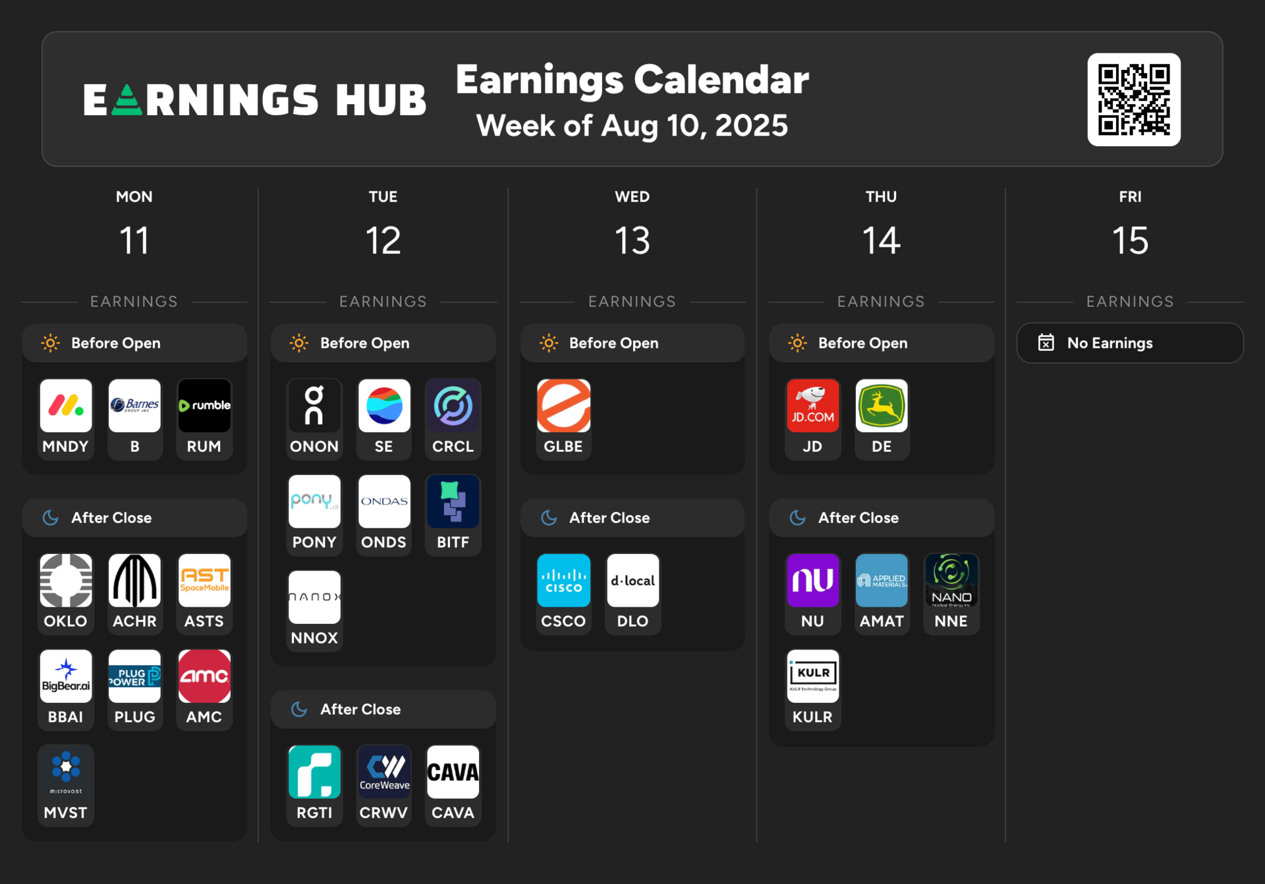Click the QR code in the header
pos(1133,99)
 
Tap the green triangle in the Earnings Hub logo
pos(127,101)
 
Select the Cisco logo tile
pos(563,580)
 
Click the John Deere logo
pos(882,406)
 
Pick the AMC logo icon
pos(204,676)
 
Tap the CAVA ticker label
pos(453,813)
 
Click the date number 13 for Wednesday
pos(632,240)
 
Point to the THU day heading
pos(881,197)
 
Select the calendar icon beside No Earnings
pos(1046,343)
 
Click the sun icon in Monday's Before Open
pos(51,343)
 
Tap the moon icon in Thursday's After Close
pos(797,518)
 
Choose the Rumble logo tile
pos(204,406)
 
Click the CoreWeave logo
pos(384,772)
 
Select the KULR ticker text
pos(812,717)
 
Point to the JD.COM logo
pos(812,406)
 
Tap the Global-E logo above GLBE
pos(563,406)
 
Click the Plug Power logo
pos(134,676)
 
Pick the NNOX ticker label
pos(314,638)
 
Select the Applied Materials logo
pos(882,580)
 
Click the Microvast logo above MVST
pos(66,772)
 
